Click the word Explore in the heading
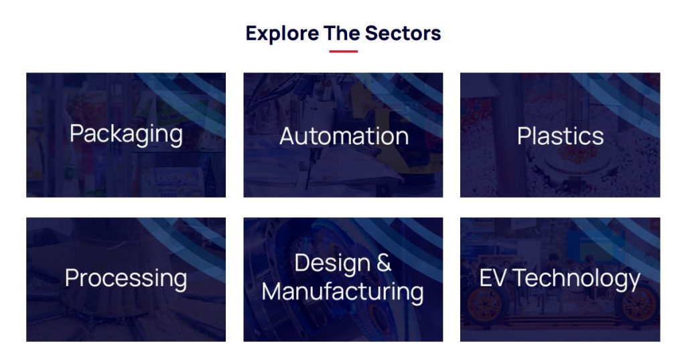pyautogui.click(x=281, y=33)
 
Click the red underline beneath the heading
pyautogui.click(x=343, y=52)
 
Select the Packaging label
pyautogui.click(x=126, y=133)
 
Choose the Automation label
pyautogui.click(x=344, y=136)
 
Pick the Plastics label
pyautogui.click(x=560, y=136)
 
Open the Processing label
pyautogui.click(x=126, y=278)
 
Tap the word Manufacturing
pyautogui.click(x=342, y=292)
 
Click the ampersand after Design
pyautogui.click(x=383, y=263)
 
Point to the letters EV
pyautogui.click(x=492, y=278)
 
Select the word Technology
pyautogui.click(x=577, y=278)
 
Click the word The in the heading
pyautogui.click(x=342, y=33)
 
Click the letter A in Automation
pyautogui.click(x=287, y=136)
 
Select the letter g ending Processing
pyautogui.click(x=180, y=280)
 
